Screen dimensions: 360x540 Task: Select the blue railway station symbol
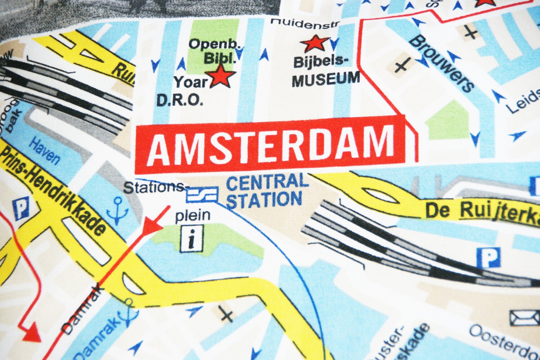[x=202, y=195]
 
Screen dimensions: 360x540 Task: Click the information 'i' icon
[x=192, y=239]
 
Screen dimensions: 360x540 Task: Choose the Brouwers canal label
[x=441, y=63]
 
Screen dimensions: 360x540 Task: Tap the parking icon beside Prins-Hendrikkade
[x=21, y=209]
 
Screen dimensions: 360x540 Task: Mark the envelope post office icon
[x=524, y=317]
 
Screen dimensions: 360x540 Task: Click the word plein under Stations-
[x=192, y=215]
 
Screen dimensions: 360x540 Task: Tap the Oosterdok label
[x=504, y=340]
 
